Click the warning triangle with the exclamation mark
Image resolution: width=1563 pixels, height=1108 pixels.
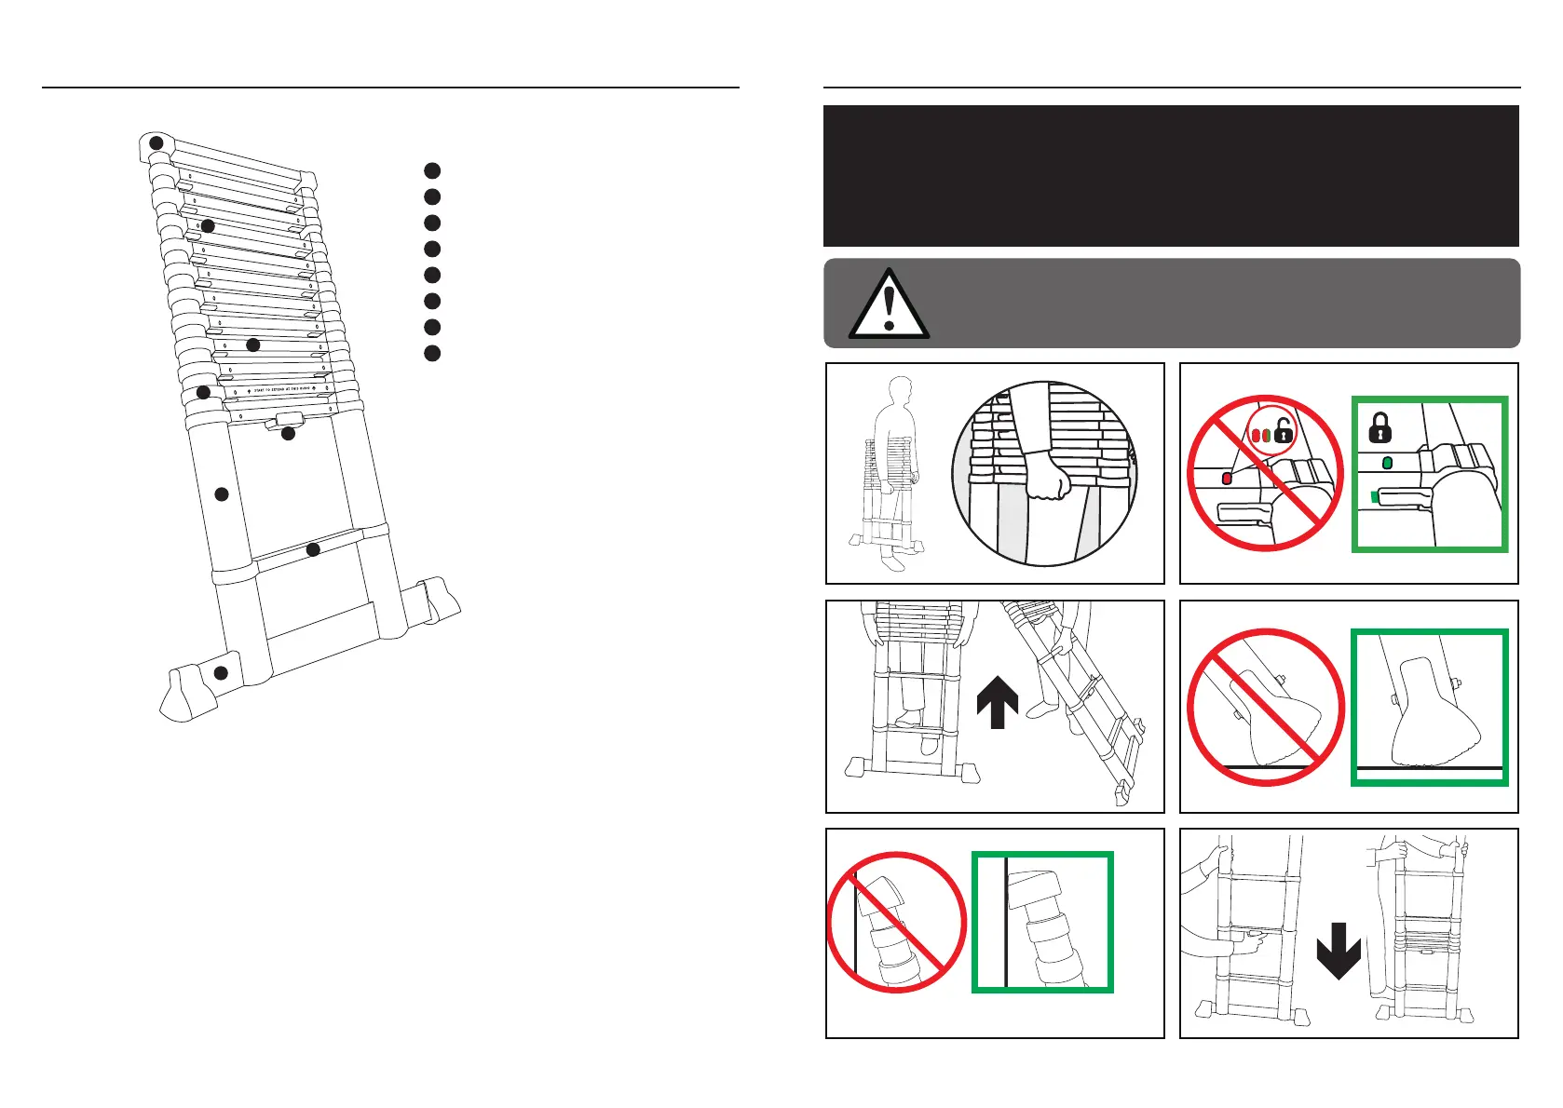pyautogui.click(x=889, y=304)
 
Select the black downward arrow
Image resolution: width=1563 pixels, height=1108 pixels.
pyautogui.click(x=1339, y=950)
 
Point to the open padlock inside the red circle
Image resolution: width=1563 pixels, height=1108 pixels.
pyautogui.click(x=1284, y=431)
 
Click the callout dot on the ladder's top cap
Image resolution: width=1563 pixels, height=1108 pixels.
pyautogui.click(x=157, y=142)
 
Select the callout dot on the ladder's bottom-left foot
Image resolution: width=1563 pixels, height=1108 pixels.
pyautogui.click(x=221, y=673)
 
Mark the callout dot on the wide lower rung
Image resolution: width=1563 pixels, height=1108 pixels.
pyautogui.click(x=313, y=550)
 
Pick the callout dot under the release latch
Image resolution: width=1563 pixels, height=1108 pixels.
pyautogui.click(x=288, y=434)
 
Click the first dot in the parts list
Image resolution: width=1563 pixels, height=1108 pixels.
pyautogui.click(x=431, y=170)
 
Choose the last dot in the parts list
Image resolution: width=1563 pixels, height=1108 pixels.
pyautogui.click(x=431, y=353)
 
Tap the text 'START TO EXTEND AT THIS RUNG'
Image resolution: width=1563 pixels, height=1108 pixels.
pyautogui.click(x=283, y=389)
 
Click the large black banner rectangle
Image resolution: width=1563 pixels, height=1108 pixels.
pyautogui.click(x=1171, y=175)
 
